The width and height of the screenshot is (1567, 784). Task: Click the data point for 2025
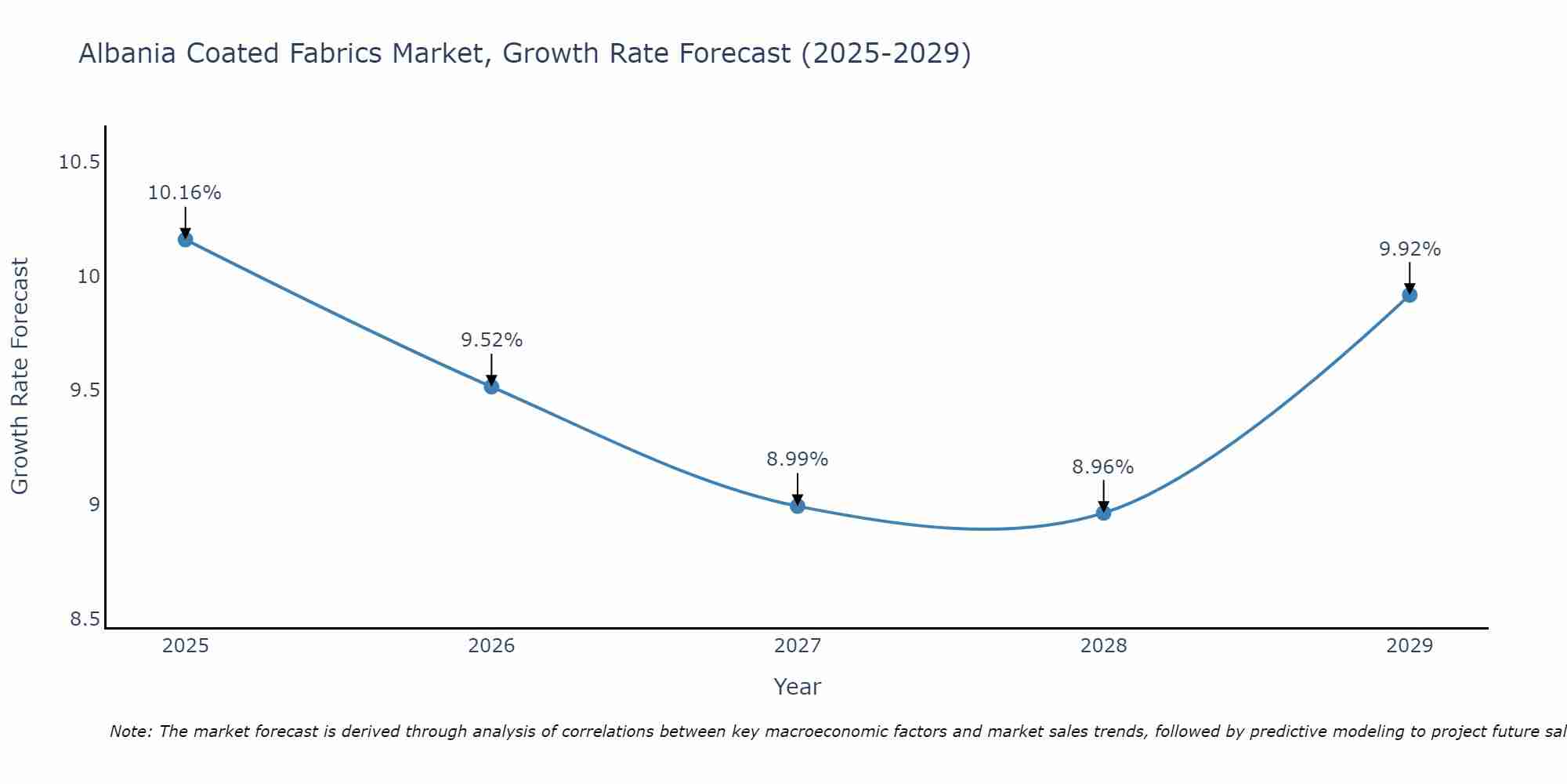[186, 239]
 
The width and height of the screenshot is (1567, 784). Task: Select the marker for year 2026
[491, 386]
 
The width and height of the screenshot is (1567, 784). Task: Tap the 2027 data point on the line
[798, 506]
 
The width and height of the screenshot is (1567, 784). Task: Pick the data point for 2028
[1103, 513]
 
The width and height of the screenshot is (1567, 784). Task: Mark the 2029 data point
[1410, 295]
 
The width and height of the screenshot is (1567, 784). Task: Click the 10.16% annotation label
[185, 193]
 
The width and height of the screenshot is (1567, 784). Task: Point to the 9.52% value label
[491, 340]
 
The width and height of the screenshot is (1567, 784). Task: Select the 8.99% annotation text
[798, 459]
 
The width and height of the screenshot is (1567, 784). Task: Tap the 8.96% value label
[1103, 467]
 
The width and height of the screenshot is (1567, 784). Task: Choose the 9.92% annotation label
[1410, 249]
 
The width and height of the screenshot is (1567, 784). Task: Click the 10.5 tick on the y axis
[79, 163]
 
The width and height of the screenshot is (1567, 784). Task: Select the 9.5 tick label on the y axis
[85, 391]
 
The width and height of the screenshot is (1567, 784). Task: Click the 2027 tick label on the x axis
[798, 646]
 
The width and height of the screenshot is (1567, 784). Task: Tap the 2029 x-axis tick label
[1410, 646]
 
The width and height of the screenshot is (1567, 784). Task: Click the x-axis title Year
[798, 687]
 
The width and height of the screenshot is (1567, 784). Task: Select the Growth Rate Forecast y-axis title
[20, 376]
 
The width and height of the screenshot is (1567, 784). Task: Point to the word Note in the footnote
[130, 731]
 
